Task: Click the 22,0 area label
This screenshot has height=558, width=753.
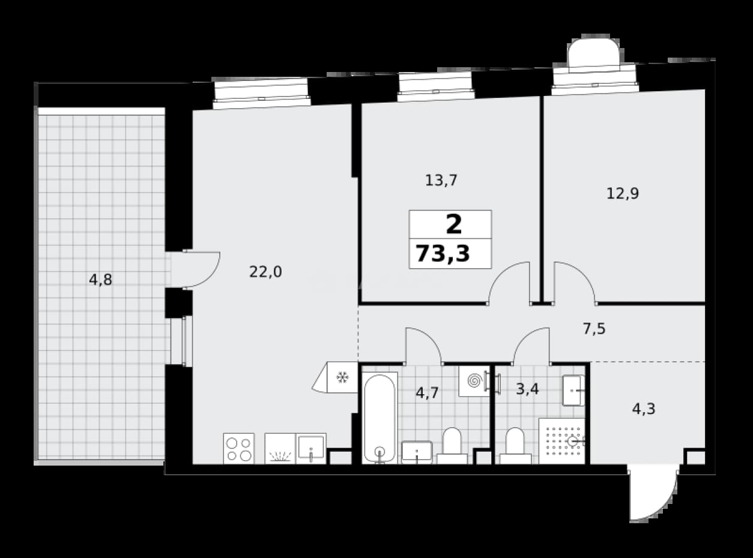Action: point(265,272)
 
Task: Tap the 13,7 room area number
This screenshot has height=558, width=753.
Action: point(441,180)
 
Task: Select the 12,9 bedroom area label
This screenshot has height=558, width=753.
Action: point(623,194)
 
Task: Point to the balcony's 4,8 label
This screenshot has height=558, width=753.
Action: point(100,280)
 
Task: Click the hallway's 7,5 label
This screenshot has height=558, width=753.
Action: point(594,329)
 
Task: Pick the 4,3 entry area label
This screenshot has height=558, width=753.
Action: point(644,409)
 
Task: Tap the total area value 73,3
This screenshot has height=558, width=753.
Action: point(443,254)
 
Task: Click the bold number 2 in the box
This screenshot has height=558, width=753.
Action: point(454,224)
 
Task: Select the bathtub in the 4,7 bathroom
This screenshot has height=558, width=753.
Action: point(380,418)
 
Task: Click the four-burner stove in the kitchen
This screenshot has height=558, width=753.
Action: point(239,448)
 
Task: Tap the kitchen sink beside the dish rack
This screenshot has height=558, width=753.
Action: point(311,448)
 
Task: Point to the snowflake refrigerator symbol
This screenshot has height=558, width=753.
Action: point(342,377)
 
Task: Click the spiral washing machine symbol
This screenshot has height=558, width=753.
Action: point(474,381)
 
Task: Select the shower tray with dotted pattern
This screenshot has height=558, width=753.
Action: point(562,441)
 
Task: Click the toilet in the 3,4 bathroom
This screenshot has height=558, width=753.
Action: point(515,446)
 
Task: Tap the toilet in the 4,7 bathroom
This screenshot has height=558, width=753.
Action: point(452,446)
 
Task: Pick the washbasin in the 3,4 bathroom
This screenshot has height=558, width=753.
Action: point(573,391)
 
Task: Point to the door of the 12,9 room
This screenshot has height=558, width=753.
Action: point(575,282)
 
